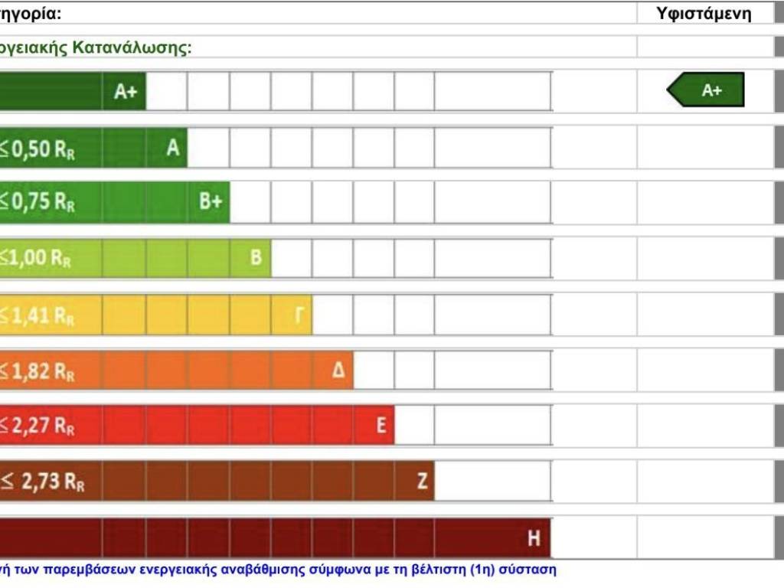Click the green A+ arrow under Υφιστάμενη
(x=707, y=90)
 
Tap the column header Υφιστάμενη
(x=704, y=13)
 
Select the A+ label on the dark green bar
(x=126, y=92)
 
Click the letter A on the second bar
(x=173, y=148)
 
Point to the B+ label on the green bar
(x=211, y=202)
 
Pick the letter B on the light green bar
(x=256, y=257)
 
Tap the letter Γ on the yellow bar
(x=298, y=315)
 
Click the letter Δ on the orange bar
(x=338, y=371)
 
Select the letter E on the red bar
(x=381, y=426)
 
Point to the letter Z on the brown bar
(x=421, y=482)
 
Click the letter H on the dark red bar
(x=534, y=538)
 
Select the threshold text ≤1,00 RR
(x=35, y=259)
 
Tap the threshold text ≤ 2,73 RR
(x=42, y=482)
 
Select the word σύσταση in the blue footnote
(x=530, y=570)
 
